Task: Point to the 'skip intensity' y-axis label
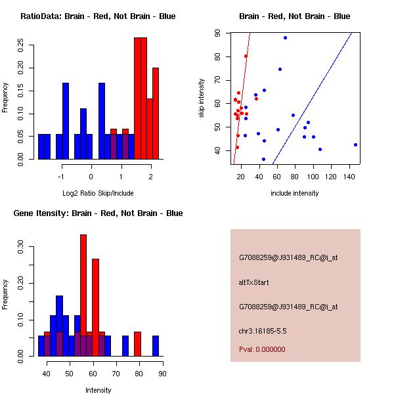pos(202,98)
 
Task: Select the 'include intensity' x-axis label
pos(294,193)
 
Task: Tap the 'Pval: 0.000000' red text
pos(262,349)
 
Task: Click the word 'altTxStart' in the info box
pos(254,282)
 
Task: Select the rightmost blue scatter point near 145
pos(355,144)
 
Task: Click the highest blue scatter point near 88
pos(285,37)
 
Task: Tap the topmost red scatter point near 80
pos(246,56)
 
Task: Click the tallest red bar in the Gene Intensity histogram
pos(83,295)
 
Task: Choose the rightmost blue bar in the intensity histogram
pos(156,346)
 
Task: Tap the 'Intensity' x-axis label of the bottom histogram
pos(98,390)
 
